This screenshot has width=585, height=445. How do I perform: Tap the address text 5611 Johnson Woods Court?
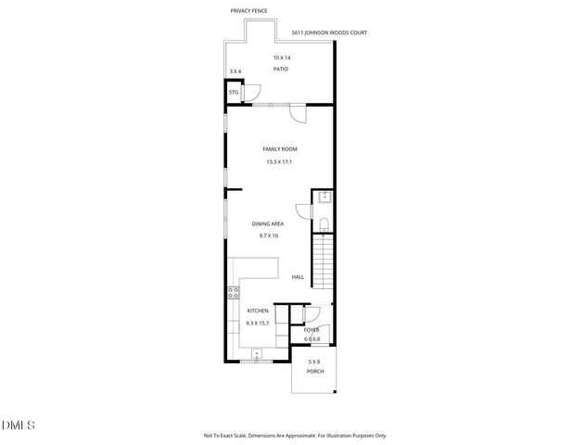(x=329, y=33)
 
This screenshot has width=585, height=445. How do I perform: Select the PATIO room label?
(x=281, y=70)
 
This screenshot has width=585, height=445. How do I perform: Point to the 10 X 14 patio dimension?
(x=281, y=57)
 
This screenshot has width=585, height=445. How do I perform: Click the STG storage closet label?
(x=234, y=93)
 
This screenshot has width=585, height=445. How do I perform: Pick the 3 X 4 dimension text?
(x=235, y=71)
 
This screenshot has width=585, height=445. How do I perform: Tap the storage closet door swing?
(x=253, y=93)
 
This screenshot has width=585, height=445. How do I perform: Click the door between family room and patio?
(x=298, y=112)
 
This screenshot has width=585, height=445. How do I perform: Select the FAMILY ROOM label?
(x=280, y=149)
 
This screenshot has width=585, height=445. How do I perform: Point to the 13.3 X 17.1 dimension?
(x=280, y=162)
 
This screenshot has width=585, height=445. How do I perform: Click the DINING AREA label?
(x=268, y=223)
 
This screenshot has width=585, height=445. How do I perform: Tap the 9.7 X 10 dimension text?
(x=268, y=235)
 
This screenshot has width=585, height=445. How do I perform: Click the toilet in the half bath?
(x=323, y=225)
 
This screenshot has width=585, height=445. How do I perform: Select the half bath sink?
(x=324, y=197)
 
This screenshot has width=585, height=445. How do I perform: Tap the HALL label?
(x=298, y=277)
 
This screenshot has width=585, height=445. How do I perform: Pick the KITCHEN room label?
(x=257, y=311)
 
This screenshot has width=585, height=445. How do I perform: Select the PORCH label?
(x=314, y=371)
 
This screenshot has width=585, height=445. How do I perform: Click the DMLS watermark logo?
(x=19, y=426)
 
